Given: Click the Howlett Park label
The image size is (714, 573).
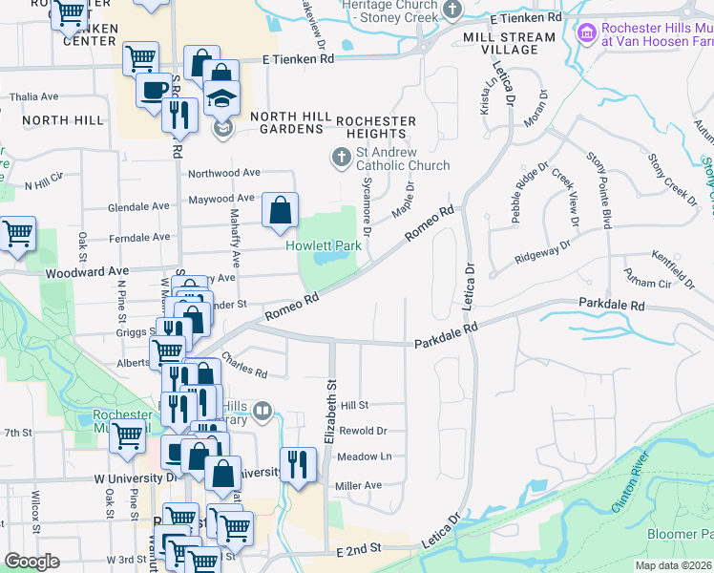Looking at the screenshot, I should point(324,245).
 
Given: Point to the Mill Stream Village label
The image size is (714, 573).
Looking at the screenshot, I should point(508,43).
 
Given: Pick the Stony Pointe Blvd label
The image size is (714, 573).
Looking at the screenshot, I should point(598,190).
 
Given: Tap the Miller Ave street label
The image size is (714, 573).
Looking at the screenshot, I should point(358,485).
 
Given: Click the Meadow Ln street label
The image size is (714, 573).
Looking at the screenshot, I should point(366,456).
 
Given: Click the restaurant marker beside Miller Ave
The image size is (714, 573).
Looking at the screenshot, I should point(298,463).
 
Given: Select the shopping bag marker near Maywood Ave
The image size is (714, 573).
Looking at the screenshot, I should point(280,209).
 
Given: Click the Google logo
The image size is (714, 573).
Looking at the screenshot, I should point(32,562).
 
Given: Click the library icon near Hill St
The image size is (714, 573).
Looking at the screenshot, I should point(262,412).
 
